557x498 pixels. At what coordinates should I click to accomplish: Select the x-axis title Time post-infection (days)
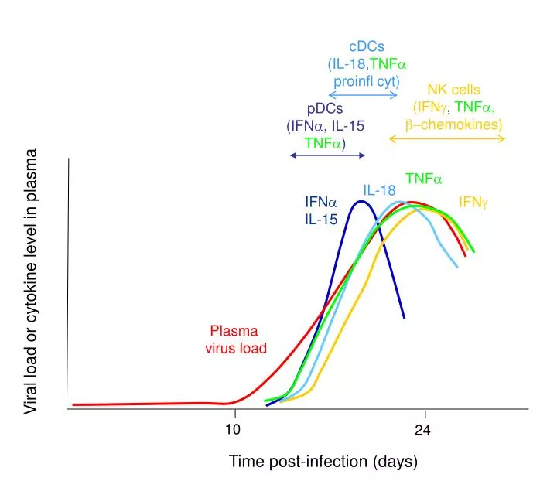pyautogui.click(x=323, y=462)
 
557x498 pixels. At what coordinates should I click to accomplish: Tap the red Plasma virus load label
pyautogui.click(x=236, y=339)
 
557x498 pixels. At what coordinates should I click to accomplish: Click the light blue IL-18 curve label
pyautogui.click(x=380, y=190)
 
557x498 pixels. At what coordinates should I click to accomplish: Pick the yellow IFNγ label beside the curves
pyautogui.click(x=473, y=203)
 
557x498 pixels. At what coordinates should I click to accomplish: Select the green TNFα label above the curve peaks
pyautogui.click(x=424, y=179)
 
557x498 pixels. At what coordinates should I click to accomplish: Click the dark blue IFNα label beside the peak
pyautogui.click(x=320, y=203)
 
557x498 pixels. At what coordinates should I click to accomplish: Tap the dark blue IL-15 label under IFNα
pyautogui.click(x=320, y=219)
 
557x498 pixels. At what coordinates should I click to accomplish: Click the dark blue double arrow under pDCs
pyautogui.click(x=326, y=156)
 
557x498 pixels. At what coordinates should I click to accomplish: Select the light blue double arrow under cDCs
pyautogui.click(x=363, y=95)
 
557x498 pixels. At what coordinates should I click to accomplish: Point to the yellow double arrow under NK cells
pyautogui.click(x=446, y=138)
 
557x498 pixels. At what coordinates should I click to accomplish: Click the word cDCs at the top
pyautogui.click(x=367, y=48)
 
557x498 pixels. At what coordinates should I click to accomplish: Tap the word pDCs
pyautogui.click(x=325, y=108)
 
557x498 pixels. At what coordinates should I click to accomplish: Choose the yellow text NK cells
pyautogui.click(x=453, y=90)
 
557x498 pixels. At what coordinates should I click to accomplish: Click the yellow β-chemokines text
pyautogui.click(x=453, y=124)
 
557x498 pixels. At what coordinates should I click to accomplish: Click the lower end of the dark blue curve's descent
pyautogui.click(x=404, y=317)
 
